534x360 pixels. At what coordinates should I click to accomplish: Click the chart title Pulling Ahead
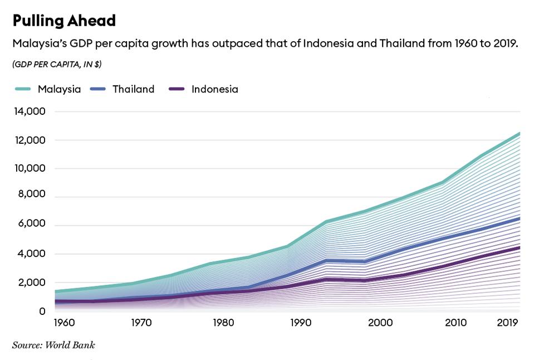[x=64, y=21]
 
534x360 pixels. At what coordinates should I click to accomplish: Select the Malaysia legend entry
[x=59, y=89]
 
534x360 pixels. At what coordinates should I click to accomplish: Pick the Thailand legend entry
[x=133, y=89]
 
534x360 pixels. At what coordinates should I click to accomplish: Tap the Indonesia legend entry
[x=214, y=89]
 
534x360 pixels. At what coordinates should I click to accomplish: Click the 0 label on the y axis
[x=42, y=311]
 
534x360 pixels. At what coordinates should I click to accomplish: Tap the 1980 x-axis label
[x=223, y=323]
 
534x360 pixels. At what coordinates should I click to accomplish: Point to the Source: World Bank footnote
[x=53, y=345]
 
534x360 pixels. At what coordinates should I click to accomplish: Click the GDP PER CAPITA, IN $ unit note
[x=57, y=64]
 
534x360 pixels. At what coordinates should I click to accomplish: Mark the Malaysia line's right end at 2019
[x=519, y=133]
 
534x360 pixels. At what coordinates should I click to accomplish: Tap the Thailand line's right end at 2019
[x=519, y=218]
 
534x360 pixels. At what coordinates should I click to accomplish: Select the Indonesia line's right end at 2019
[x=519, y=247]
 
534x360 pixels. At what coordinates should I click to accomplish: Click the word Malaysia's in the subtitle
[x=38, y=44]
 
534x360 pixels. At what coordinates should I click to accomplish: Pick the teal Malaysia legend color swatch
[x=22, y=89]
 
